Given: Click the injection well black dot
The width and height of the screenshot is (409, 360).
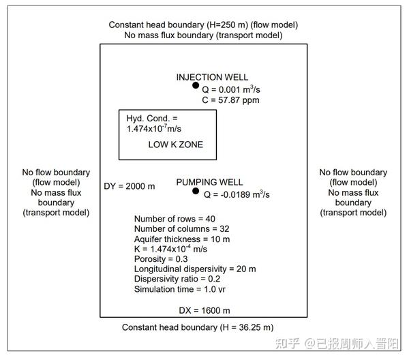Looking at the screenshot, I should (196, 86).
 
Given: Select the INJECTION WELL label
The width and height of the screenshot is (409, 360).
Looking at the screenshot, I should (212, 77).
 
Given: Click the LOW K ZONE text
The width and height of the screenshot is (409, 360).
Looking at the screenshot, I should (175, 145).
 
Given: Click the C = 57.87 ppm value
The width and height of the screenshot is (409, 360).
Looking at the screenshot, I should (230, 100).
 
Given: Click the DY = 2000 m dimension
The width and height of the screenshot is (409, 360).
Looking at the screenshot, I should (130, 186).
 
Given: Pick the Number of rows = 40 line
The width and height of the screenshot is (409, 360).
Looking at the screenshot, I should (175, 218).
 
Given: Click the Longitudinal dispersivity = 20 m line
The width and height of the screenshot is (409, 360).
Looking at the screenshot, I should (195, 269).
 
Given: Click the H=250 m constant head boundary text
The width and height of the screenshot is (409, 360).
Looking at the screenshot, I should (203, 25).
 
